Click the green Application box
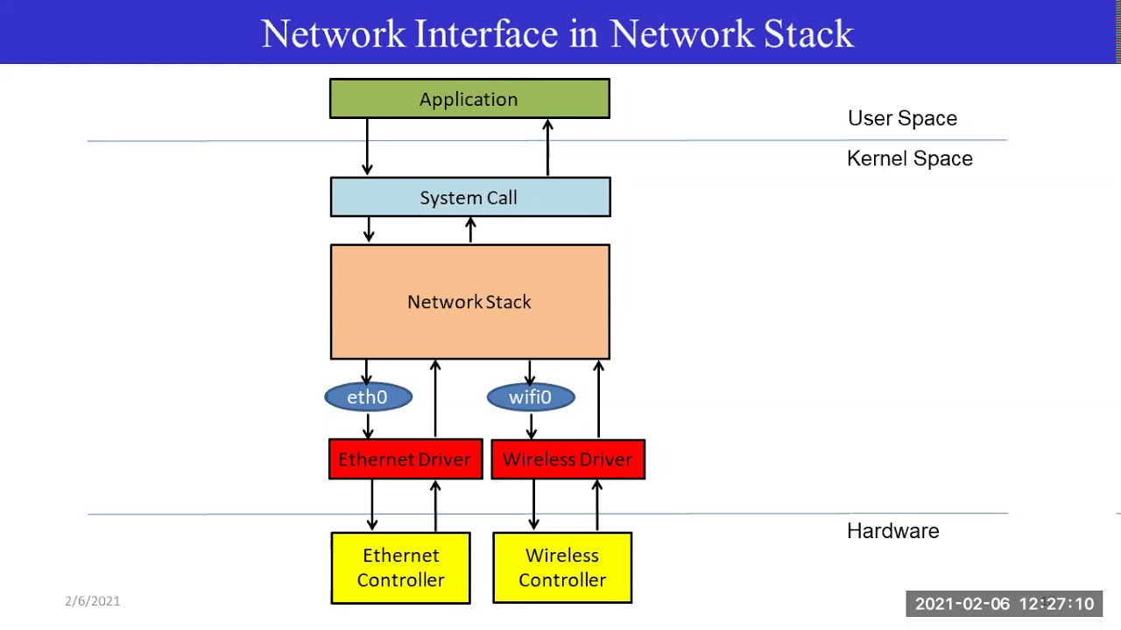pyautogui.click(x=469, y=99)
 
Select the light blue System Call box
pyautogui.click(x=469, y=198)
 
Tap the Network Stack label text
pyautogui.click(x=469, y=302)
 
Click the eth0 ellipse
pyautogui.click(x=368, y=397)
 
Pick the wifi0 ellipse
pyautogui.click(x=531, y=397)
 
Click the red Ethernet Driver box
pyautogui.click(x=405, y=459)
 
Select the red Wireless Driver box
pyautogui.click(x=568, y=459)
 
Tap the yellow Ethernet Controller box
pyautogui.click(x=400, y=568)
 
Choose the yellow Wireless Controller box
pyautogui.click(x=562, y=568)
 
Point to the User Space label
pyautogui.click(x=902, y=118)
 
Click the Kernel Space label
pyautogui.click(x=909, y=158)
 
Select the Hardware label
pyautogui.click(x=892, y=531)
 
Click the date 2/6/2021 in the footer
pyautogui.click(x=92, y=601)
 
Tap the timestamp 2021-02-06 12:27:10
pyautogui.click(x=1004, y=604)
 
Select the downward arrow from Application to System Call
pyautogui.click(x=367, y=147)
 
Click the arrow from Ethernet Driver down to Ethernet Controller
pyautogui.click(x=372, y=505)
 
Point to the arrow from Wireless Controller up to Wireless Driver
pyautogui.click(x=597, y=505)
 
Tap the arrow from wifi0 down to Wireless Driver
pyautogui.click(x=531, y=426)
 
